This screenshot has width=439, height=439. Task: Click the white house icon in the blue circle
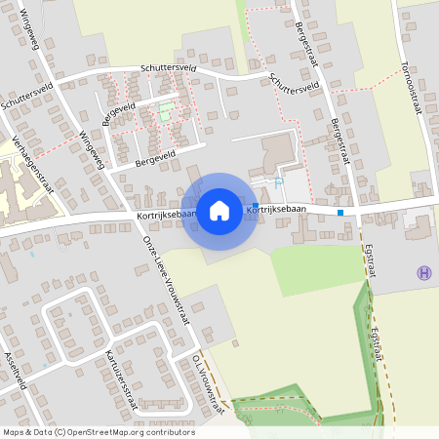point(219,210)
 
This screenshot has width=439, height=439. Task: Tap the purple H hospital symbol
point(423,273)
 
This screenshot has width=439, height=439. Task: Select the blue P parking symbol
point(279,182)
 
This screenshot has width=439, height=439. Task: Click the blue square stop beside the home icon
point(256,206)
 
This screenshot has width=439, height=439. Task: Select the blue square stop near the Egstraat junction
point(340,212)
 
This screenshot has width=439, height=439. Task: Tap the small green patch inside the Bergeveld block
point(165,110)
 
